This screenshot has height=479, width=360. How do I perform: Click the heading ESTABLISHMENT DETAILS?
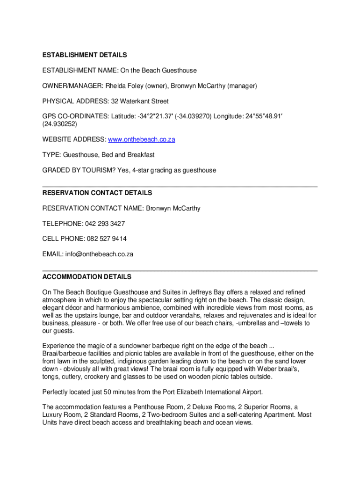[x=85, y=55]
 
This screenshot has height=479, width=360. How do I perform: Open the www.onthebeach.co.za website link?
[x=142, y=139]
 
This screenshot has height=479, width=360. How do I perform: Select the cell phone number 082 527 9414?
[x=107, y=239]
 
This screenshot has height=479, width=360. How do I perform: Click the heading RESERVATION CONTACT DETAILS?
[x=97, y=193]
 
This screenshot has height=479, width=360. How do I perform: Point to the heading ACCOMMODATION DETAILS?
[x=87, y=277]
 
